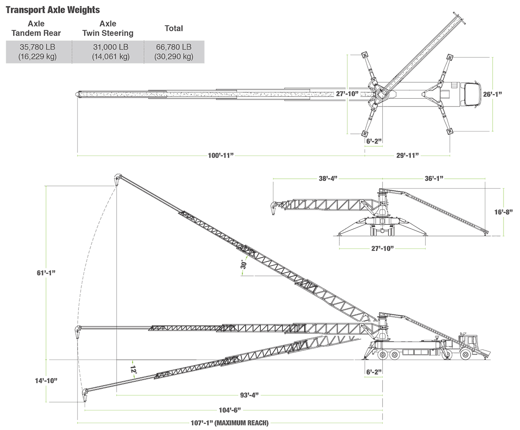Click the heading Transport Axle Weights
[x=53, y=10]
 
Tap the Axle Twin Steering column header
[x=108, y=29]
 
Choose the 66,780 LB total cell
[x=174, y=52]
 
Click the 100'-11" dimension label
[x=221, y=155]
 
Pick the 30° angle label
[x=244, y=264]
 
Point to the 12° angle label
[x=133, y=370]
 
